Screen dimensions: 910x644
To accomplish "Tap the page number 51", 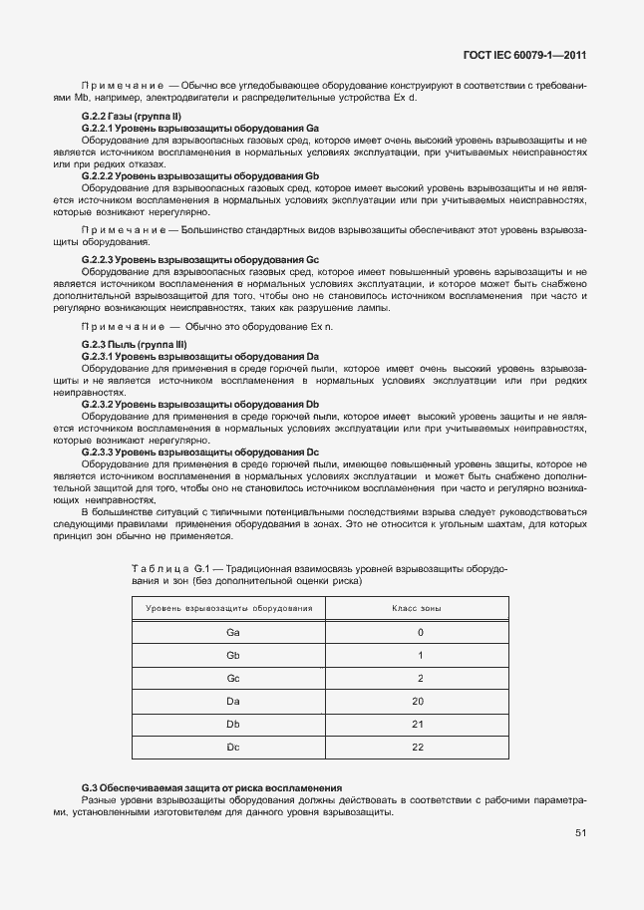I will (x=580, y=834).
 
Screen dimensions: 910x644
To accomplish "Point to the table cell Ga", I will (x=232, y=632).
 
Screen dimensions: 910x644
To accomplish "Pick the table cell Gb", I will (x=232, y=655).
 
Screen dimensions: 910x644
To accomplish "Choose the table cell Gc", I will (x=232, y=678).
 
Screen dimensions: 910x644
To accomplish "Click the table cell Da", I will (x=232, y=701).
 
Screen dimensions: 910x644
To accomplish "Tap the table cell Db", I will (x=232, y=724).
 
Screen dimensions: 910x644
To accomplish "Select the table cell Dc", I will (x=232, y=747).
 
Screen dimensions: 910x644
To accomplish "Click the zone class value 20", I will (x=419, y=701).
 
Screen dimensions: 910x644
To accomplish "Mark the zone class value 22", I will (x=419, y=747).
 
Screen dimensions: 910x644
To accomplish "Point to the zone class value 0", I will (x=420, y=632).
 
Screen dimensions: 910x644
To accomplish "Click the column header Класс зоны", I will (x=419, y=607).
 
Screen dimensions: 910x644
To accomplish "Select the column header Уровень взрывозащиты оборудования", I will (x=230, y=607).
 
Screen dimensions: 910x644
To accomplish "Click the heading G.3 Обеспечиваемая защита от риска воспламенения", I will (x=211, y=787).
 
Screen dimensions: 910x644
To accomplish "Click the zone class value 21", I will (x=419, y=724).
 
